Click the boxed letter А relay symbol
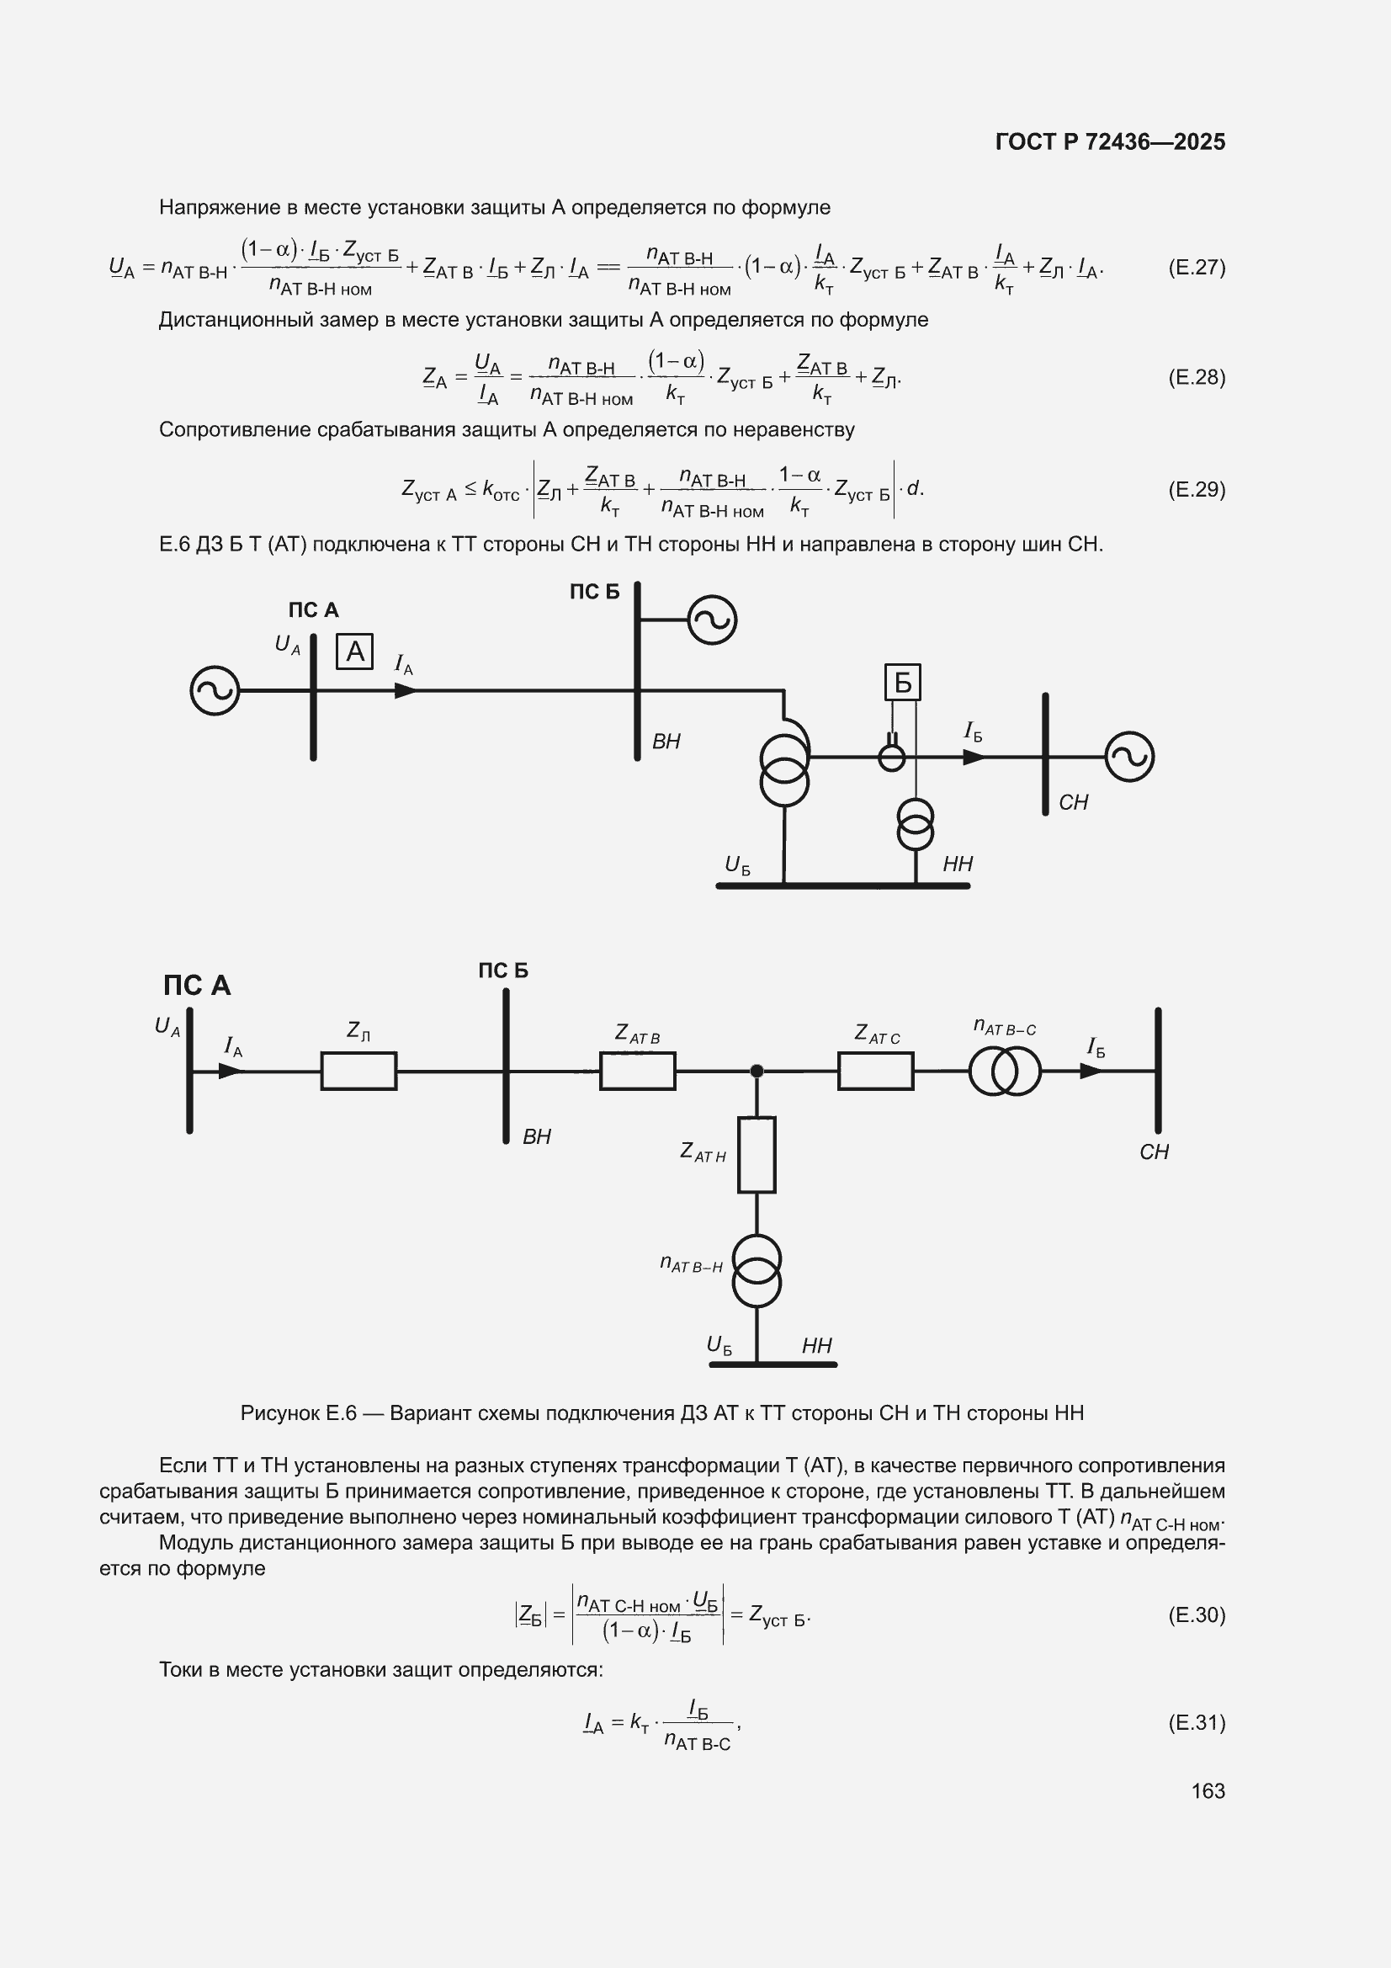tap(354, 652)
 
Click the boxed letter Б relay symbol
tap(902, 683)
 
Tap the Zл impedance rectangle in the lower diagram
tap(358, 1071)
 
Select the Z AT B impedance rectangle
tap(637, 1071)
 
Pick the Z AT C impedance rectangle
tap(875, 1071)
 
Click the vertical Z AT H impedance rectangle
tap(757, 1155)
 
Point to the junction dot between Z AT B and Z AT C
tap(757, 1071)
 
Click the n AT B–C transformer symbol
tap(1005, 1072)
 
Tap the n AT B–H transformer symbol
tap(757, 1270)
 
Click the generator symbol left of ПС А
tap(215, 691)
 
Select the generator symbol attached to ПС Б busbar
tap(712, 620)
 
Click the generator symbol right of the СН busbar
tap(1129, 757)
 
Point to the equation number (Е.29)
tap(1197, 489)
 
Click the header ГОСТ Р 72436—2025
tap(1111, 141)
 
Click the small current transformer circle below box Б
tap(892, 757)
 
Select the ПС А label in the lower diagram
tap(197, 985)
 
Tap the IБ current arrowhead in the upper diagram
tap(974, 757)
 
